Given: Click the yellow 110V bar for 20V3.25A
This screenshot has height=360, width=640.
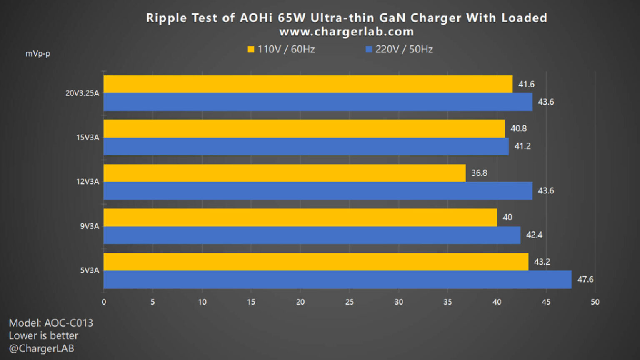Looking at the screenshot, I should coord(307,84).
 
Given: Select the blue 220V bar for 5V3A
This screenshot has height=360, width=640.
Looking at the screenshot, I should coord(337,279).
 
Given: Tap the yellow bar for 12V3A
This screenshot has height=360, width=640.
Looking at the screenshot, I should coord(284,173).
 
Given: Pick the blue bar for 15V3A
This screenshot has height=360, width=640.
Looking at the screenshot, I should coord(306,146).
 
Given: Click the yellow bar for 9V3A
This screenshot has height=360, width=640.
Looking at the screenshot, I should coord(300,217).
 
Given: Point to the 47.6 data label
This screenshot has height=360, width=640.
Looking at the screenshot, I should coord(585,279).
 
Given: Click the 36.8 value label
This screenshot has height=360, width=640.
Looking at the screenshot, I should coord(479,173).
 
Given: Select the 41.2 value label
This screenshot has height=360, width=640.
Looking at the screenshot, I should coord(522,146).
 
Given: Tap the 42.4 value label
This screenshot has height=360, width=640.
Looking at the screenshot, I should coord(534,235).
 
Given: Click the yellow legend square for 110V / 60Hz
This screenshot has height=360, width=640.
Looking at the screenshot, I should coord(251,50).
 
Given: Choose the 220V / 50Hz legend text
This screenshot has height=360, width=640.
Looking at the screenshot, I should coord(404,50).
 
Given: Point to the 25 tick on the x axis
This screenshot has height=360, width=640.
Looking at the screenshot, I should coord(349,302).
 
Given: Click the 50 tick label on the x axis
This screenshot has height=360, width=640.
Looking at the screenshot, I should coord(595,302).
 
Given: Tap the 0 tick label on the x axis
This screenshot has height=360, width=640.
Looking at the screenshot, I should coord(104,302).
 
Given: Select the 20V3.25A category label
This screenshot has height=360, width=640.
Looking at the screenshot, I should coord(82,93).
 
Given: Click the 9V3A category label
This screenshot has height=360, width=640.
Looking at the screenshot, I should coord(90,226).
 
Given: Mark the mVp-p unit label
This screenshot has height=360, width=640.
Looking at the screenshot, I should coord(38,54).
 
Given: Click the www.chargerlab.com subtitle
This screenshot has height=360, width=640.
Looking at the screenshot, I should coord(346,32).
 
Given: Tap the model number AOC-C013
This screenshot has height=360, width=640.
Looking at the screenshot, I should coord(68,323).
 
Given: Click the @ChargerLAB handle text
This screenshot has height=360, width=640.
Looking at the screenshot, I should coord(42,348).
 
